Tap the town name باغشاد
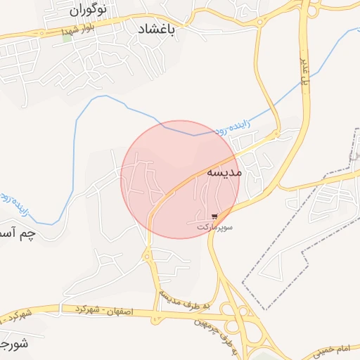click(155, 30)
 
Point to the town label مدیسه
click(225, 172)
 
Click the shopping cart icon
click(214, 217)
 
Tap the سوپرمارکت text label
click(214, 227)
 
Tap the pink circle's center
click(180, 179)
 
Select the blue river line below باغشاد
click(127, 105)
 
